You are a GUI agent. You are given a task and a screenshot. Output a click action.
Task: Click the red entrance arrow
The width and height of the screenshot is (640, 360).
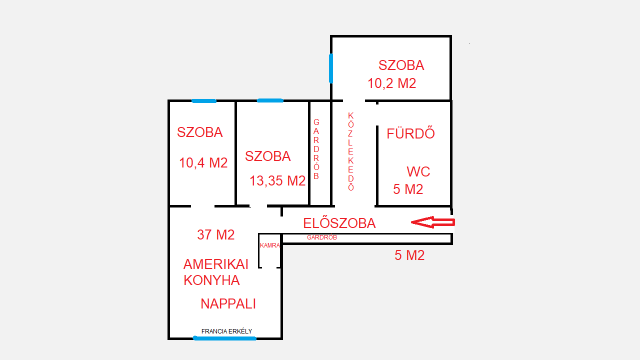431,222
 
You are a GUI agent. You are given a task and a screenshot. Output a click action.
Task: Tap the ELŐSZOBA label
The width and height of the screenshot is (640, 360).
340,224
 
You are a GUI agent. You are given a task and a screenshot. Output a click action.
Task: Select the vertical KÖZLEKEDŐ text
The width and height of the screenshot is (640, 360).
351,151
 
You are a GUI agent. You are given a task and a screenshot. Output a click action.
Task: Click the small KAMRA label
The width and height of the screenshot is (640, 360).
269,245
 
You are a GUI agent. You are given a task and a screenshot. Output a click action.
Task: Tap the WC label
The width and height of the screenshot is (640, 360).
419,171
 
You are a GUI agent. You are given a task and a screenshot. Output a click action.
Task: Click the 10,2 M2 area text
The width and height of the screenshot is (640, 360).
392,83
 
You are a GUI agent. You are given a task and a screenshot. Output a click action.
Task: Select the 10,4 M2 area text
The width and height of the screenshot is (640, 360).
203,162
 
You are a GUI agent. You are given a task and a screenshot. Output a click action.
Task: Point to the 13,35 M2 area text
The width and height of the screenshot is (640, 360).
275,181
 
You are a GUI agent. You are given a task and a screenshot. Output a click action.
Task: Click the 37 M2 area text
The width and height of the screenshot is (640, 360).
215,235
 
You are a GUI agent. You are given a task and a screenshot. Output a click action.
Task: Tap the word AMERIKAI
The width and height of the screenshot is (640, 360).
215,264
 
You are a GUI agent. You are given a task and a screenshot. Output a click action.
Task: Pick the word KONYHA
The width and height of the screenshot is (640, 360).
211,281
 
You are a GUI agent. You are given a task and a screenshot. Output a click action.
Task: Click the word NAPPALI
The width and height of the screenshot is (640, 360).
228,303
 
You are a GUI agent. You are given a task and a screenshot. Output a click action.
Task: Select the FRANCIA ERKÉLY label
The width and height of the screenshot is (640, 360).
227,330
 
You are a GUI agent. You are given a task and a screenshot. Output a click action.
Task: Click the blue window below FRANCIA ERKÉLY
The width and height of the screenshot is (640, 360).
224,338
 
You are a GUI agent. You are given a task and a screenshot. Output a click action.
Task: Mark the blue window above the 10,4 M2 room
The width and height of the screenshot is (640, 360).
203,100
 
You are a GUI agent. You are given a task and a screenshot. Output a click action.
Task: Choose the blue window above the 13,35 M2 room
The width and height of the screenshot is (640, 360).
270,100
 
